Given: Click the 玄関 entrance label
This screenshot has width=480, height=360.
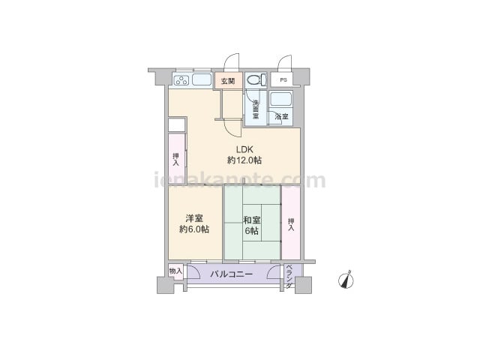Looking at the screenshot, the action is click(x=228, y=81).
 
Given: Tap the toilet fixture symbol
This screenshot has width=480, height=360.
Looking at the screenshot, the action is click(x=256, y=80).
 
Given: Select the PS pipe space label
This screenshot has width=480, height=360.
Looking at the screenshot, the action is click(x=283, y=80).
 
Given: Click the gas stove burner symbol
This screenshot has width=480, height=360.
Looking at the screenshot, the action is click(x=181, y=80).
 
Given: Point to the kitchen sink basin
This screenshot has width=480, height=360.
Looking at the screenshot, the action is click(x=202, y=79).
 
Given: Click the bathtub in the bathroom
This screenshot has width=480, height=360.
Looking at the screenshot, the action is click(x=281, y=98).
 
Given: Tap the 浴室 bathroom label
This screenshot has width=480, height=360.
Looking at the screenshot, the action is click(x=281, y=117).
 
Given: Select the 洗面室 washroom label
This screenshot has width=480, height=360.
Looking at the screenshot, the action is click(x=256, y=109).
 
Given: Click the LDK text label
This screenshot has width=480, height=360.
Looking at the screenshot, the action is click(x=244, y=149).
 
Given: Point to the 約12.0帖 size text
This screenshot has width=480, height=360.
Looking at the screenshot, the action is click(x=244, y=160).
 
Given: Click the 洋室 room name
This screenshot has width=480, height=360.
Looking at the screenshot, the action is click(x=194, y=218).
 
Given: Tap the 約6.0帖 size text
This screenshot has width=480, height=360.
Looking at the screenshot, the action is click(x=194, y=229).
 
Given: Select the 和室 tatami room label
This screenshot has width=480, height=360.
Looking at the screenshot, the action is click(x=252, y=220).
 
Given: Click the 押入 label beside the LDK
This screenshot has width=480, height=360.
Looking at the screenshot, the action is click(x=176, y=159).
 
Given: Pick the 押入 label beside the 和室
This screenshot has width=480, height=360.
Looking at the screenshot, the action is click(x=291, y=225).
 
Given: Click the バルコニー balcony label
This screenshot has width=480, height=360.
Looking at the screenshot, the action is click(x=232, y=274).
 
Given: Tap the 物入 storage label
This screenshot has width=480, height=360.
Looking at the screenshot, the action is click(x=175, y=271).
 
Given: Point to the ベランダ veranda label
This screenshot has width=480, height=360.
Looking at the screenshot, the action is click(x=289, y=277).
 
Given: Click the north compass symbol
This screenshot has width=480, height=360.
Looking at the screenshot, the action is click(x=346, y=280).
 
